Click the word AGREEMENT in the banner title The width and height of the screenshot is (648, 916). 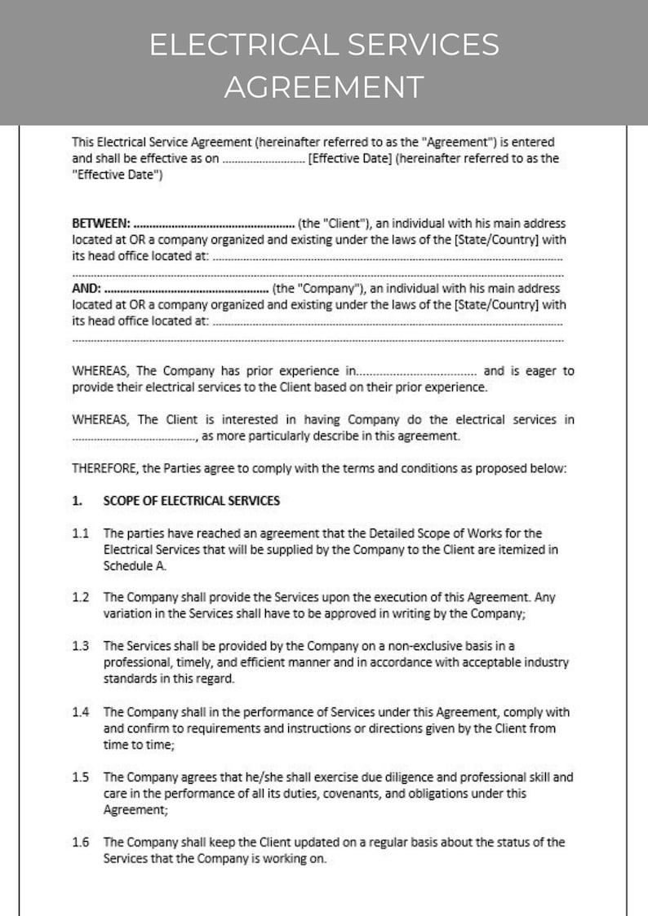324,86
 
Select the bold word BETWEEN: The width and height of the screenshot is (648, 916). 101,223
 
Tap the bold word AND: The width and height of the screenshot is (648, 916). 87,288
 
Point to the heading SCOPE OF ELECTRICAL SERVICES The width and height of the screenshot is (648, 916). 191,500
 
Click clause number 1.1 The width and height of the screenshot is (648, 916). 80,533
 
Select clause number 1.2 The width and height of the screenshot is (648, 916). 80,597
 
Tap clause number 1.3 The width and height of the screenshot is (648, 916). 80,646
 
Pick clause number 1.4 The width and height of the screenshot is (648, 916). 80,712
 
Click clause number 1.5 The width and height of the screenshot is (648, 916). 80,777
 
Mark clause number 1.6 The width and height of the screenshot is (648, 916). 80,842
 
